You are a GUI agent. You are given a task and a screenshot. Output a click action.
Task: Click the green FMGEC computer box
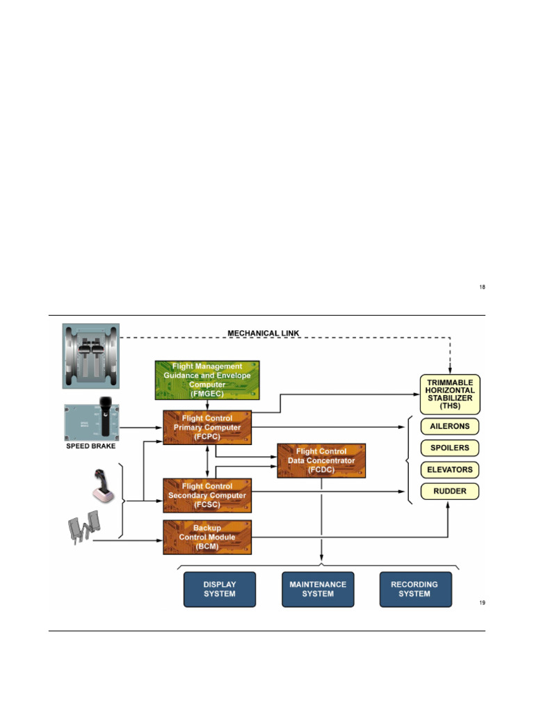click(207, 380)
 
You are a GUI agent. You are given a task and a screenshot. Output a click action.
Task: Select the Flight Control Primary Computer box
click(207, 428)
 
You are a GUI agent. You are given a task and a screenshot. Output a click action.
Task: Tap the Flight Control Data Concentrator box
click(321, 460)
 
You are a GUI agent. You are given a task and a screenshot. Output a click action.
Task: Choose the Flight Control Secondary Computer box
click(207, 496)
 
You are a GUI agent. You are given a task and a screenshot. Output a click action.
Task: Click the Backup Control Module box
click(207, 537)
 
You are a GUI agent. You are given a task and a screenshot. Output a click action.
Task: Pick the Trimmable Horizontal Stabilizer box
click(450, 394)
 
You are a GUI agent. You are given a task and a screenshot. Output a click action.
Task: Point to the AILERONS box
click(450, 426)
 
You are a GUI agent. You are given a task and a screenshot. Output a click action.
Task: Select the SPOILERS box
click(450, 448)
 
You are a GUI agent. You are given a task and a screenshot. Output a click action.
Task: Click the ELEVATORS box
click(450, 469)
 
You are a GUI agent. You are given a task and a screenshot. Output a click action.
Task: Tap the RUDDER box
click(450, 491)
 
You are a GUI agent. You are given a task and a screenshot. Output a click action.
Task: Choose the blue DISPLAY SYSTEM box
click(219, 589)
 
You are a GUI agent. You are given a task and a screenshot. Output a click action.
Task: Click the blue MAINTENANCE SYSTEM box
click(318, 589)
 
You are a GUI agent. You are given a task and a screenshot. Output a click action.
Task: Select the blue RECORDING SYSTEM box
click(415, 589)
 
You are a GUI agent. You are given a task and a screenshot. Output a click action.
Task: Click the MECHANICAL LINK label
click(264, 334)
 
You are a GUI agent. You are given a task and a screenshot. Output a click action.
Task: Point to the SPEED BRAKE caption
click(91, 446)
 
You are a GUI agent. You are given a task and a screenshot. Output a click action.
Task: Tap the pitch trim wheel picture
click(91, 355)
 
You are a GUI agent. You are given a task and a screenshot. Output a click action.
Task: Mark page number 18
click(482, 286)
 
